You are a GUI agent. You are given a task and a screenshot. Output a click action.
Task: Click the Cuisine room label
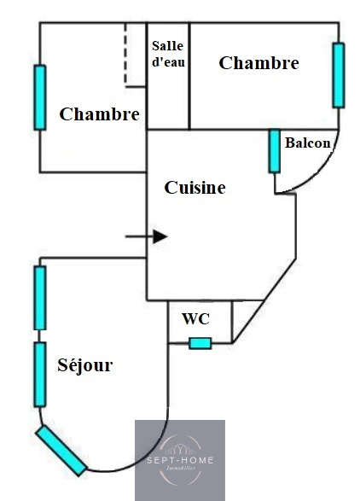[x=195, y=188]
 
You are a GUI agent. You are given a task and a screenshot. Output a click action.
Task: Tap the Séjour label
[x=85, y=364]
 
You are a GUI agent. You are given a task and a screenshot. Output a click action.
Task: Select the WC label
[x=196, y=318]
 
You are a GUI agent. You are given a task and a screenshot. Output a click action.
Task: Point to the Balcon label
[x=308, y=143]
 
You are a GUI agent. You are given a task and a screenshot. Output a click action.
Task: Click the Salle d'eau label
[x=168, y=54]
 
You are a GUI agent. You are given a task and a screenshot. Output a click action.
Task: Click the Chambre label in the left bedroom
[x=99, y=114]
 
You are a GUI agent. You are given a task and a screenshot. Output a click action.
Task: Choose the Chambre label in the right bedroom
[x=258, y=62]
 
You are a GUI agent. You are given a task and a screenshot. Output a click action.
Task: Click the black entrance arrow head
[x=160, y=236]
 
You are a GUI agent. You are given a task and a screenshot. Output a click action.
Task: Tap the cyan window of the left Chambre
[x=40, y=97]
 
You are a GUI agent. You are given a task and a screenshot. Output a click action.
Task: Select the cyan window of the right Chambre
[x=339, y=75]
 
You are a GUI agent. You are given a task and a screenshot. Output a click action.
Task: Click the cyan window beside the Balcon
[x=275, y=151]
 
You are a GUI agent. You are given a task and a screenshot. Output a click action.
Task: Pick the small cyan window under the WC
[x=200, y=343]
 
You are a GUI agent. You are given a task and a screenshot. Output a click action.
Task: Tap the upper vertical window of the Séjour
[x=40, y=298]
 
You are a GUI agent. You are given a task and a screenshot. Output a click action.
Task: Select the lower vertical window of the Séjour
[x=40, y=375]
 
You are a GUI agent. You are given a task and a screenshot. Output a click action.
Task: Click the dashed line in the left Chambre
[x=125, y=55]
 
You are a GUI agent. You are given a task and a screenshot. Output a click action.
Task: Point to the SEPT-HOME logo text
[x=180, y=460]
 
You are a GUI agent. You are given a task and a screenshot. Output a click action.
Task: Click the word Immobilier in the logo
[x=181, y=468]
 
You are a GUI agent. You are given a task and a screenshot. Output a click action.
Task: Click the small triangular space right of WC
[x=243, y=315]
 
